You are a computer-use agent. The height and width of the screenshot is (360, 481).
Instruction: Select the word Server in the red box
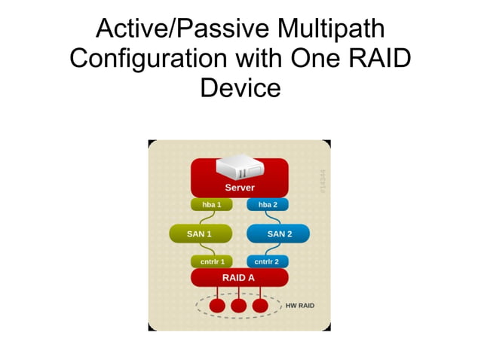tap(240, 188)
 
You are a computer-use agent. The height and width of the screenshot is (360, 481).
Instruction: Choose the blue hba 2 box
tap(268, 205)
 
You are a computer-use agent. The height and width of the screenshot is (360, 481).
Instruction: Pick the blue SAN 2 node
tap(279, 234)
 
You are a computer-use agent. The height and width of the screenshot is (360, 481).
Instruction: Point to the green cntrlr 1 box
tap(212, 262)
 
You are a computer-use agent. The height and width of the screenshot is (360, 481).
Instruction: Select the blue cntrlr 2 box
tap(267, 262)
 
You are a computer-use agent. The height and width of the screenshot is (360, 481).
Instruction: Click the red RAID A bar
tap(239, 278)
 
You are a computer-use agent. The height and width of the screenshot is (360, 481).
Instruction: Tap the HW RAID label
tap(300, 306)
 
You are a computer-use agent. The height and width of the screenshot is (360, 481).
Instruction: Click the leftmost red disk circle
tap(218, 307)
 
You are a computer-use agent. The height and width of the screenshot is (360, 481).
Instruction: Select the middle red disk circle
tap(239, 307)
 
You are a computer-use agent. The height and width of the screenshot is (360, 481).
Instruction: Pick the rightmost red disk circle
tap(260, 307)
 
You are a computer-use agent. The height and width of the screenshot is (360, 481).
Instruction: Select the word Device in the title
tap(240, 88)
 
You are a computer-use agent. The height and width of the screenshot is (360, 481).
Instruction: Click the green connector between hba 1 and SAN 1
tap(203, 218)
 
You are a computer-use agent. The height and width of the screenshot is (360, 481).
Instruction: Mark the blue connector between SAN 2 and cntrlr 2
tap(273, 249)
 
